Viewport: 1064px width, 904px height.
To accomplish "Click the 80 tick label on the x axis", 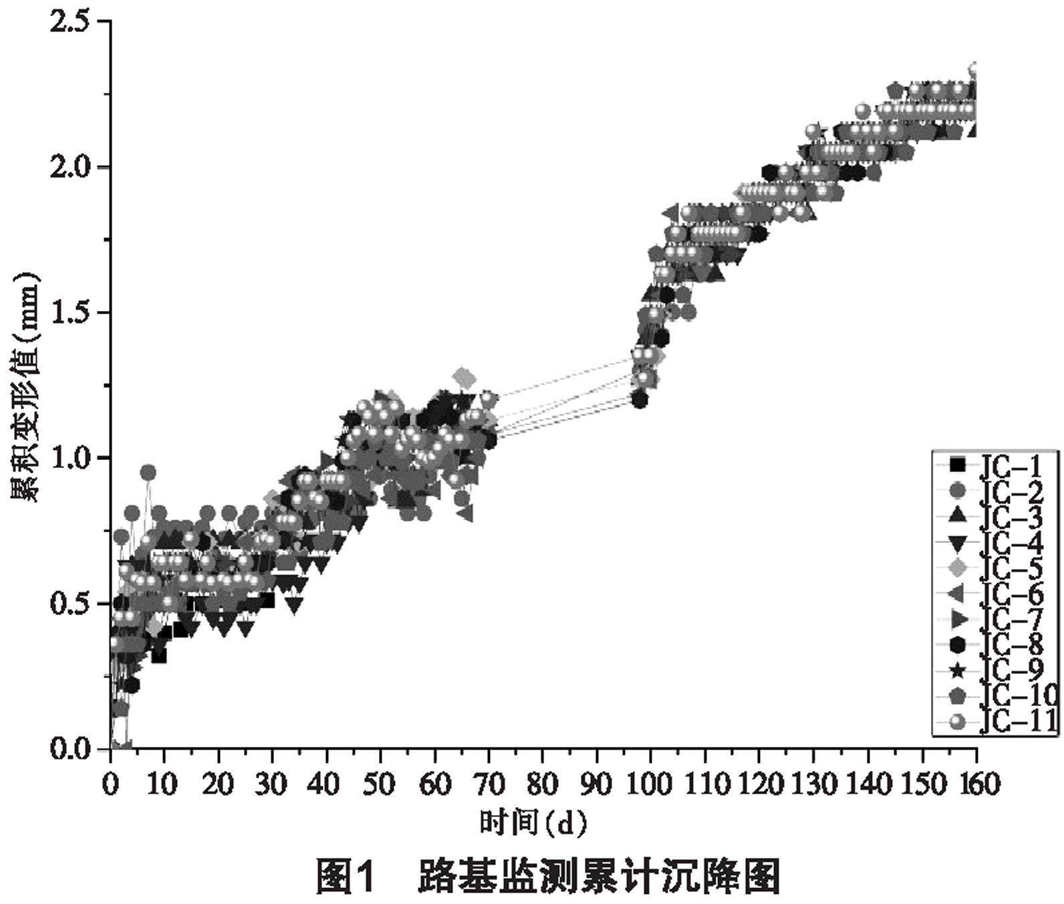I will coord(543,784).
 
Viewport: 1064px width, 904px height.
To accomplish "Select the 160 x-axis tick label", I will coord(977,784).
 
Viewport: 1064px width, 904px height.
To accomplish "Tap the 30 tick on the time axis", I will coord(272,784).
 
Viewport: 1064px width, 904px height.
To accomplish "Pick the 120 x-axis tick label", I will coord(760,784).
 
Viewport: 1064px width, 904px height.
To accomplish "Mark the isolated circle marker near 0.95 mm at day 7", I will coord(148,473).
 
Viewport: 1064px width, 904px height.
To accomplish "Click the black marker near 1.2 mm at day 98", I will coord(640,400).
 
